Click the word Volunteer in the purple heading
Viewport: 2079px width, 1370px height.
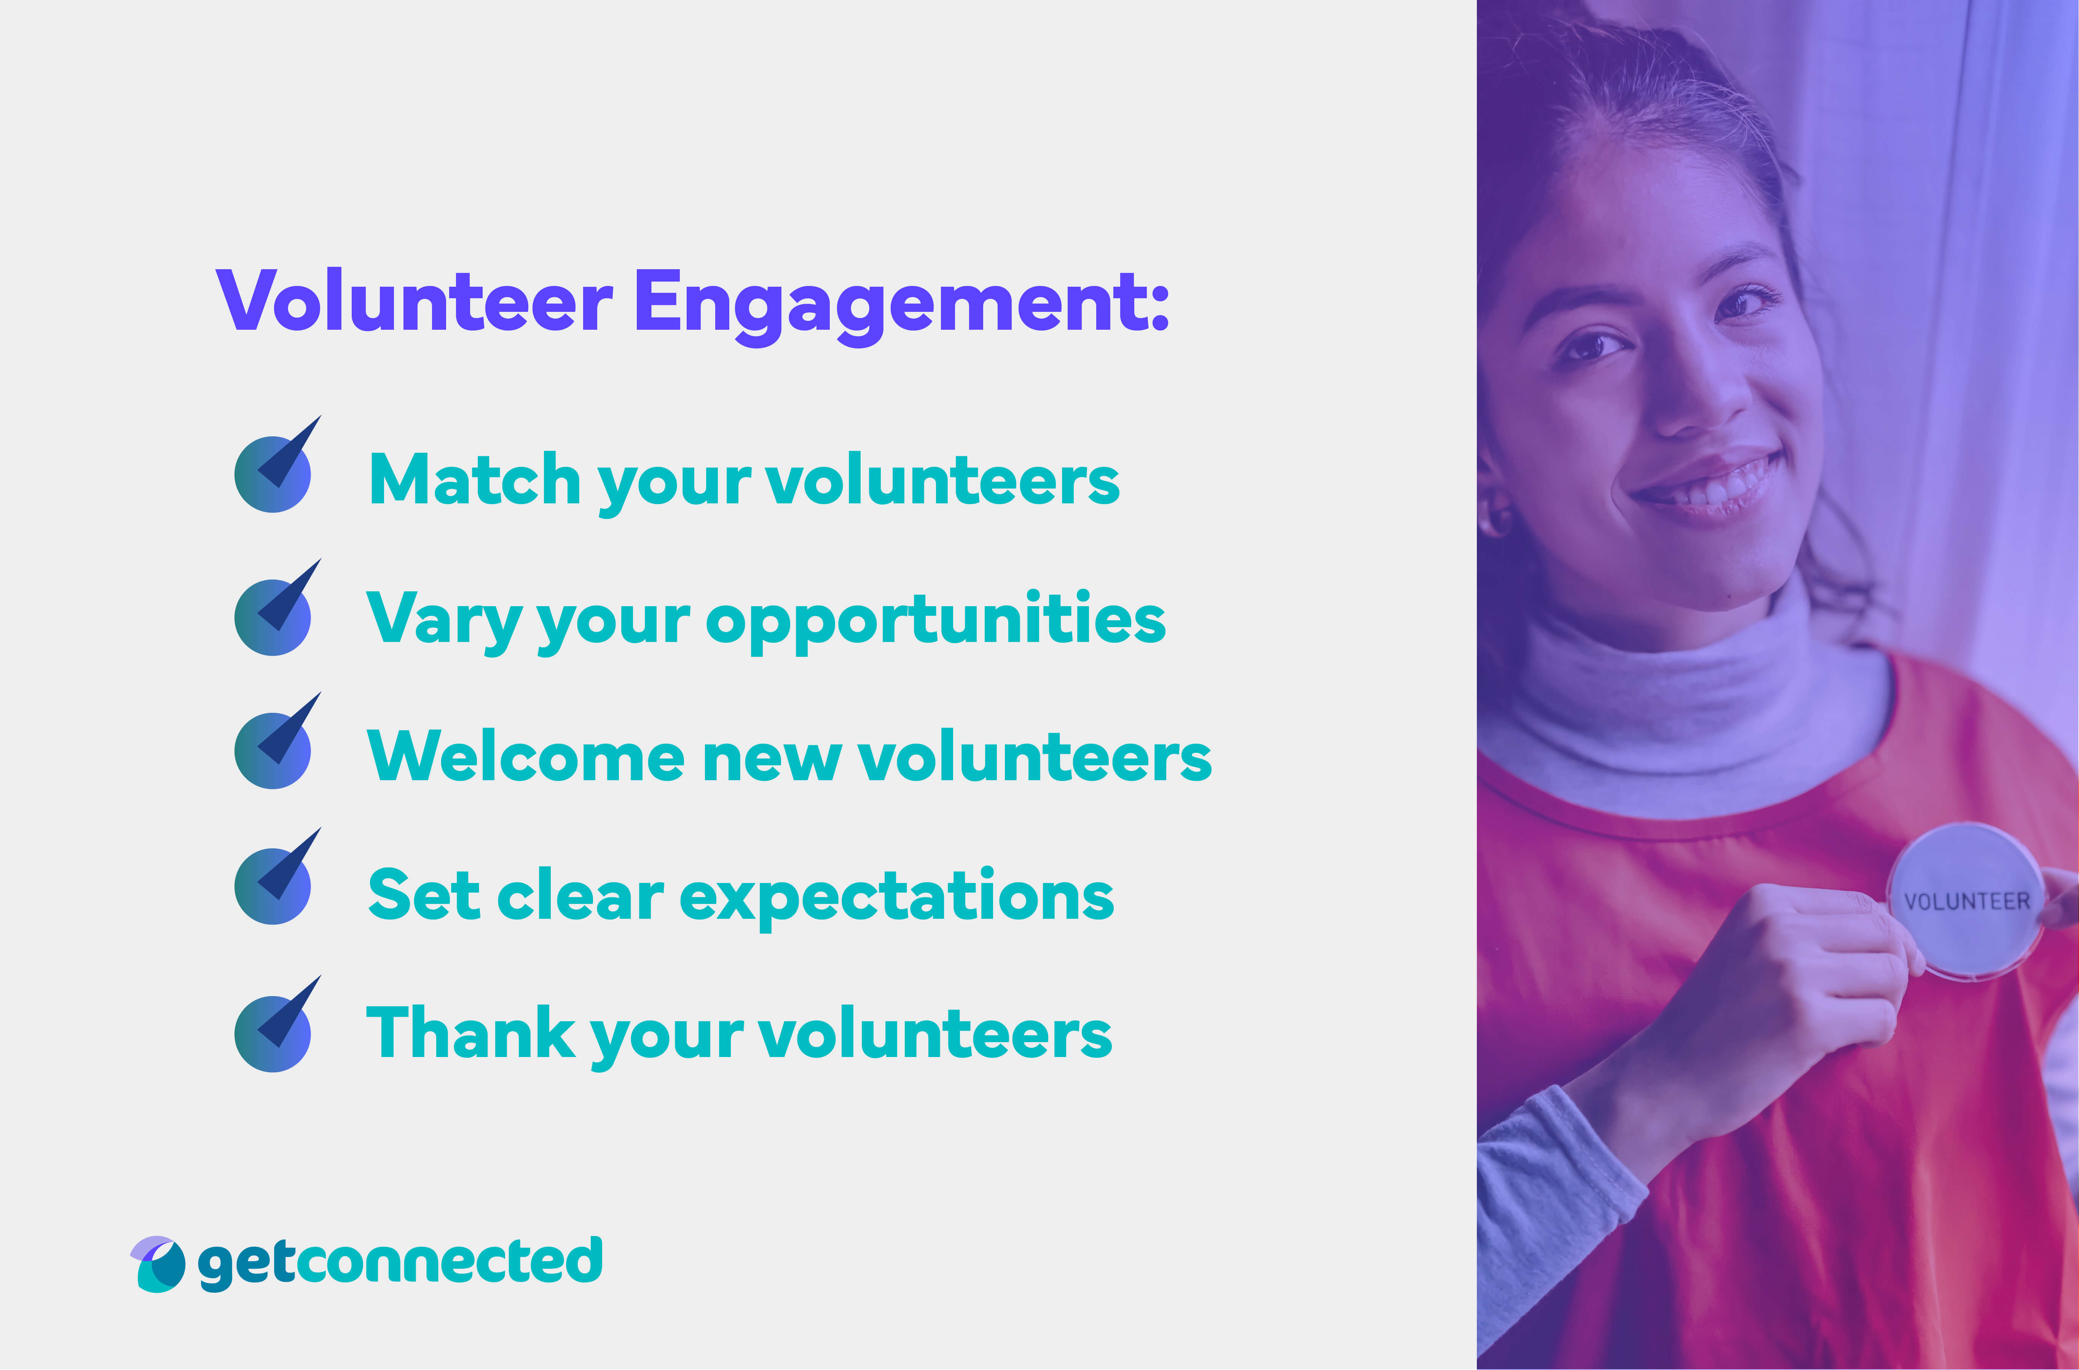[415, 302]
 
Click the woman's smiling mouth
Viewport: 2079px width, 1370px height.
[1708, 485]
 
